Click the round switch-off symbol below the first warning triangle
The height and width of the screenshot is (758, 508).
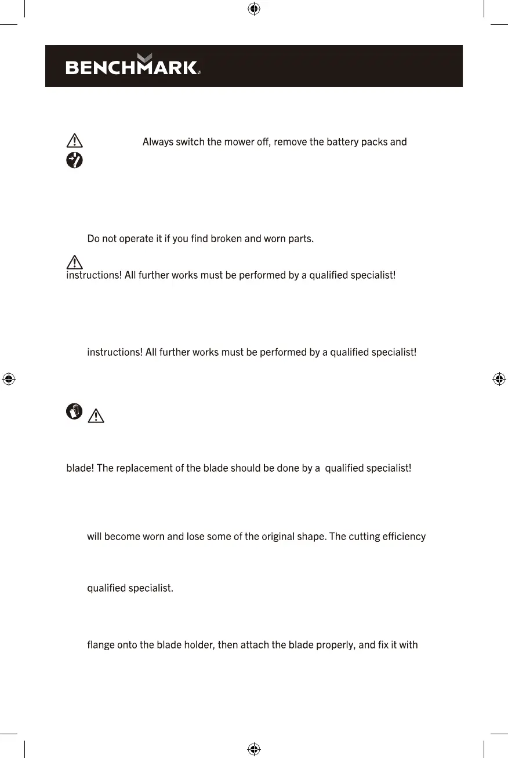click(75, 160)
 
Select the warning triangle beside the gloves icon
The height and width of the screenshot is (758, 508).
click(96, 416)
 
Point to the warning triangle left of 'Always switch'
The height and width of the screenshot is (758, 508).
click(75, 141)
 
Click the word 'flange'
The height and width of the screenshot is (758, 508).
click(101, 644)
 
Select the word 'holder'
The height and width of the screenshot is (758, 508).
click(198, 644)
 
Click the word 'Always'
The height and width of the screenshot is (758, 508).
click(158, 141)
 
